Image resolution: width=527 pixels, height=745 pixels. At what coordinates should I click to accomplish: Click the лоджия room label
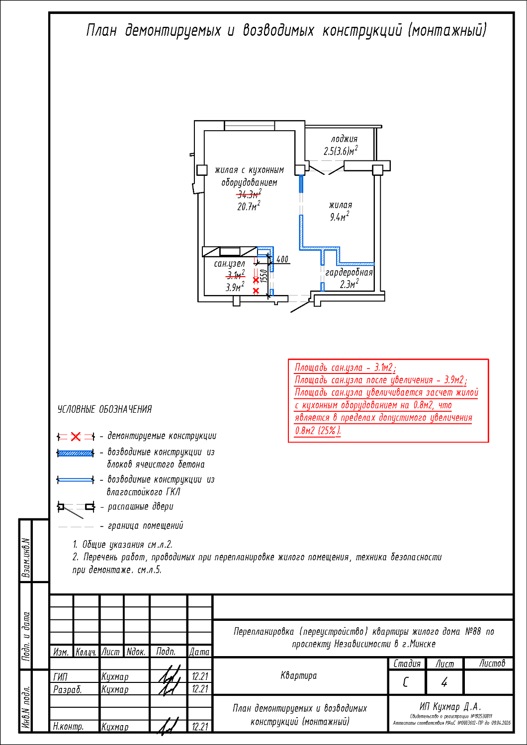(344, 139)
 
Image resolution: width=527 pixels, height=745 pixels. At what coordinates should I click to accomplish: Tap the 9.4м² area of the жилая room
(340, 217)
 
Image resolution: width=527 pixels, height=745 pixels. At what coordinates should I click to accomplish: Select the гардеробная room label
(349, 272)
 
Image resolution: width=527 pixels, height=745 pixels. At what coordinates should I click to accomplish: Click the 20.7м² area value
(249, 206)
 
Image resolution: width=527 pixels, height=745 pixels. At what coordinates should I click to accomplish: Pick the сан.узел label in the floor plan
(230, 264)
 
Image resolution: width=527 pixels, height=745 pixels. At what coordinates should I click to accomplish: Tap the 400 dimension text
(282, 259)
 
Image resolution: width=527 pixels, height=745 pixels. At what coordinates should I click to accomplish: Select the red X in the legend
(76, 437)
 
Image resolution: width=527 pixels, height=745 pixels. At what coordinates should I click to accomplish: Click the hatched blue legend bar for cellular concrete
(75, 453)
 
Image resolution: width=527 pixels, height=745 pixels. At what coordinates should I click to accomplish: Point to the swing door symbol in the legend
(76, 508)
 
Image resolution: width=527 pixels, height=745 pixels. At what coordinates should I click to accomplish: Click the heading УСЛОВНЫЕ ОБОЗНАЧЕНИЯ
(104, 410)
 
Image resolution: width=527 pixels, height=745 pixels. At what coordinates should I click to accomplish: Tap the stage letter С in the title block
(406, 682)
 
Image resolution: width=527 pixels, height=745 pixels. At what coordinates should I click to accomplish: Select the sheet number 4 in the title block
(444, 682)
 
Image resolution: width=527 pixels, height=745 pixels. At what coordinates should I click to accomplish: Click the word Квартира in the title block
(299, 675)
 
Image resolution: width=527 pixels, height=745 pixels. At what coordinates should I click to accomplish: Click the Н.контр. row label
(69, 726)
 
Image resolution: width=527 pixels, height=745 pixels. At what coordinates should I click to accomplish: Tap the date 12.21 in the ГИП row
(200, 676)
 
